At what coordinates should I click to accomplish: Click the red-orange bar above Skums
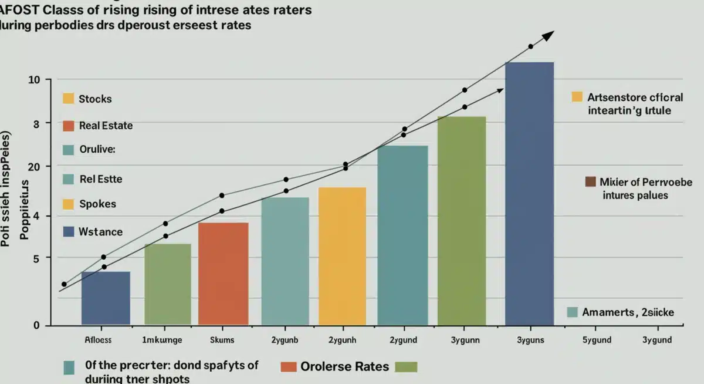(x=223, y=274)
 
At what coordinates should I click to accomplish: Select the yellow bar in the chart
(x=342, y=256)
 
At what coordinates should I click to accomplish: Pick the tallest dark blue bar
(x=529, y=193)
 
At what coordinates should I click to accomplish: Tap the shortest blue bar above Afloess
(x=106, y=298)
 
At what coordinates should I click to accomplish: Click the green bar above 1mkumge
(x=168, y=284)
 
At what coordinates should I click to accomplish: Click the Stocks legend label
(x=95, y=99)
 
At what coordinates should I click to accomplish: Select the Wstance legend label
(x=100, y=232)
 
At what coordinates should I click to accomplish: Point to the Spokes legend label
(x=97, y=204)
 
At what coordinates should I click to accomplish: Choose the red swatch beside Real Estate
(x=68, y=126)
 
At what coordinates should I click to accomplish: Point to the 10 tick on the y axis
(x=33, y=79)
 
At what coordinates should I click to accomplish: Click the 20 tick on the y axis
(x=33, y=167)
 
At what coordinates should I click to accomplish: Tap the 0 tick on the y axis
(x=36, y=325)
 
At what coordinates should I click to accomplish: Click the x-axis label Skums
(x=222, y=340)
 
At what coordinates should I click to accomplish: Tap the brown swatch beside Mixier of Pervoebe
(x=590, y=181)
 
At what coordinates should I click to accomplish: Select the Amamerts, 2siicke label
(x=628, y=312)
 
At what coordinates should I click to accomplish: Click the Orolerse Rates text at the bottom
(x=344, y=366)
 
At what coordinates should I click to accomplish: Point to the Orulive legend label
(x=97, y=149)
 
